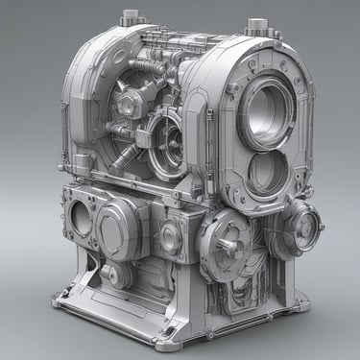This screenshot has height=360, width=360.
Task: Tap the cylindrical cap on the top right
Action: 256,27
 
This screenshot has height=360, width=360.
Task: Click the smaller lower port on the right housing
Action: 267,173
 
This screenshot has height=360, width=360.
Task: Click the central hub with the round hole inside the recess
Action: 130,103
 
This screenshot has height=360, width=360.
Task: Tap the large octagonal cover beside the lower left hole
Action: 123,224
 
